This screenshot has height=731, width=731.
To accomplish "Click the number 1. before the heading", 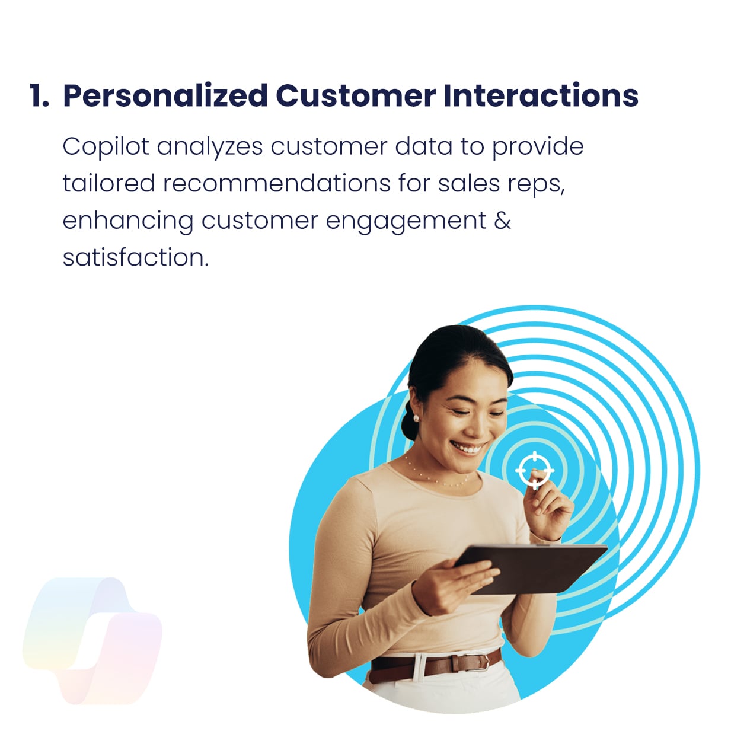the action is coord(40,95).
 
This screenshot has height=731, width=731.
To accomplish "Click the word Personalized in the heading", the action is coord(165,95).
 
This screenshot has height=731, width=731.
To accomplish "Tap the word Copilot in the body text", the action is coord(106,148).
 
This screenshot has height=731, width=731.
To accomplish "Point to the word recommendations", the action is coord(276,183).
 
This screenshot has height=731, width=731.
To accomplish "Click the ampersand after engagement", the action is coord(502,220).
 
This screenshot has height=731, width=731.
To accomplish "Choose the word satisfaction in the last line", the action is coord(135,257).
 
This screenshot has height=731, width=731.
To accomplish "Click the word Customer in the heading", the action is coord(356,95).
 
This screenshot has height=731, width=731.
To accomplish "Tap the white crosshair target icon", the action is coord(535,470).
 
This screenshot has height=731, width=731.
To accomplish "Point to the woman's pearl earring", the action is coord(416,418).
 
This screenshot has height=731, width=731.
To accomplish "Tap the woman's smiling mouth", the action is coord(468,448).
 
